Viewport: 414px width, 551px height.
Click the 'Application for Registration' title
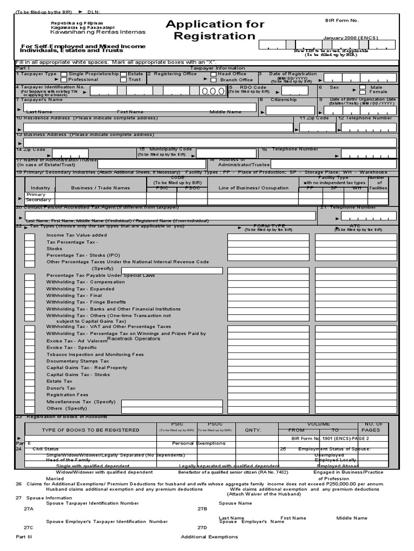[x=215, y=30]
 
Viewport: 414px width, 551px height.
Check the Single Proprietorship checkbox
[x=64, y=74]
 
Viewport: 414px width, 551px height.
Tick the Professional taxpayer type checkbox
[x=64, y=80]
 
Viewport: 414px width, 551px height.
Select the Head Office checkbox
[x=213, y=74]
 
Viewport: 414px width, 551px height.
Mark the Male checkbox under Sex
[x=363, y=87]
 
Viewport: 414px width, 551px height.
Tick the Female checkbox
[x=363, y=92]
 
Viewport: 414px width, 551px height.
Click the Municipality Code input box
[x=226, y=154]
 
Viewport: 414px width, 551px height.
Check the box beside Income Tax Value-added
[x=29, y=236]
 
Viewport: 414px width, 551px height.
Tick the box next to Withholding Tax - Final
[x=29, y=295]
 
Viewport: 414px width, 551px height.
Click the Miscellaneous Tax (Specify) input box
[x=172, y=403]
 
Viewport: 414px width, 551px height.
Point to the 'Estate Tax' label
[x=59, y=381]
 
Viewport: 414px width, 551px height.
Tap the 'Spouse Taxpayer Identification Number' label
[x=92, y=503]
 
